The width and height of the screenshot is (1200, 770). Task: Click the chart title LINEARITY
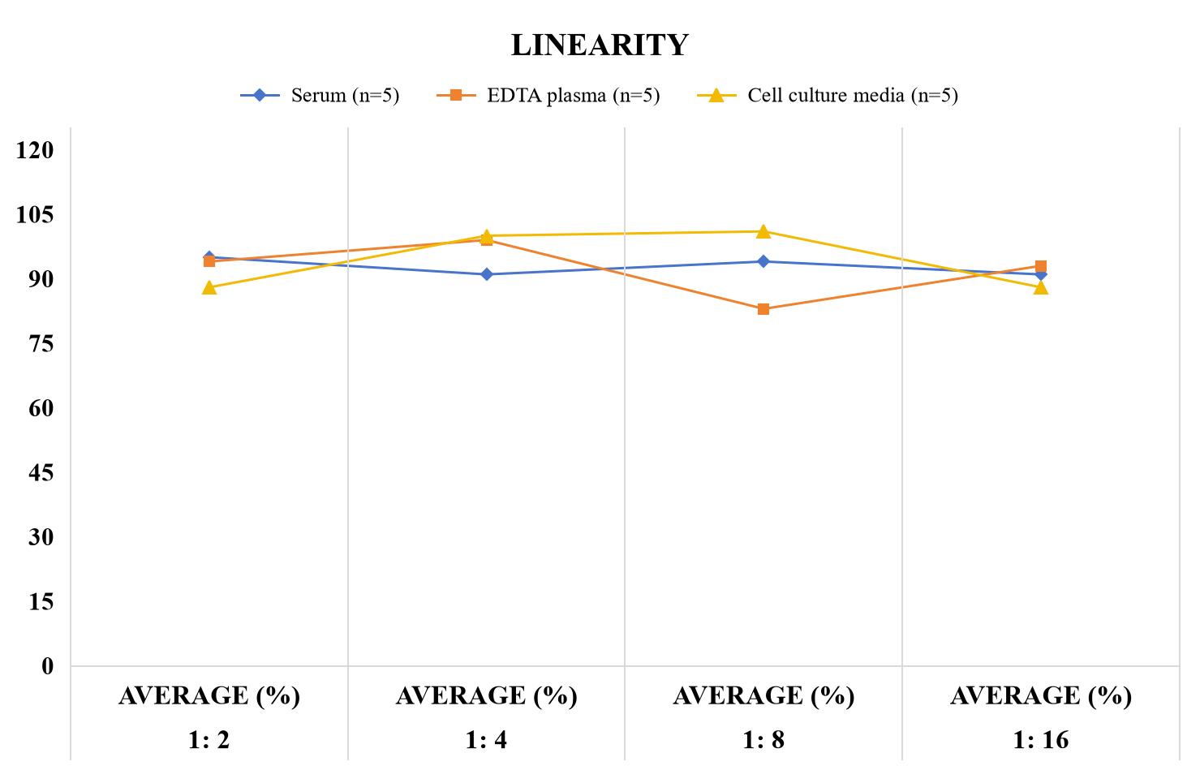point(600,45)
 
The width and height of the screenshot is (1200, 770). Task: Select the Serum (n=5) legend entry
point(320,96)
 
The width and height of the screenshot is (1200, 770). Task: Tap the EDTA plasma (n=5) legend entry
point(548,96)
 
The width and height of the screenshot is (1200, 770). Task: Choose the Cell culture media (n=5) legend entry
point(827,96)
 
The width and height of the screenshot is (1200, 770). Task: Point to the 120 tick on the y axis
point(35,150)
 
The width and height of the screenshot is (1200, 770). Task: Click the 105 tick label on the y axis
point(35,215)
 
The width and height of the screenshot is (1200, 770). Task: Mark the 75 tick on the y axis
point(41,344)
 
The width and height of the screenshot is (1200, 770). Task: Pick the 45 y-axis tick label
point(41,473)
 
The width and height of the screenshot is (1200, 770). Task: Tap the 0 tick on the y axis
point(48,667)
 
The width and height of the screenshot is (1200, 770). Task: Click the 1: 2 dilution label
point(209,740)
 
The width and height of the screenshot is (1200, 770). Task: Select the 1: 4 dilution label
point(486,740)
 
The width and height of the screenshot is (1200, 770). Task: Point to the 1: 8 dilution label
point(763,740)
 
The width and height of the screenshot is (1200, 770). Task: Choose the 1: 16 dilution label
point(1041,740)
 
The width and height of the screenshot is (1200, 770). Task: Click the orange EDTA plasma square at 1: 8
point(763,309)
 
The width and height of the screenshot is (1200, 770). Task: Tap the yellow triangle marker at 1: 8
point(763,231)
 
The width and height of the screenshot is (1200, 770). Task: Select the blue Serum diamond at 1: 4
point(487,274)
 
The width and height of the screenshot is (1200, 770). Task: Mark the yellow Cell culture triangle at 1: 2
point(209,288)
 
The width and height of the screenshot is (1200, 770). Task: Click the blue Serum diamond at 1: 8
point(763,261)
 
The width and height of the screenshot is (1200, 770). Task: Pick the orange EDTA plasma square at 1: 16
point(1041,266)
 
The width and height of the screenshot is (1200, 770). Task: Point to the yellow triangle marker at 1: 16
point(1041,288)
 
